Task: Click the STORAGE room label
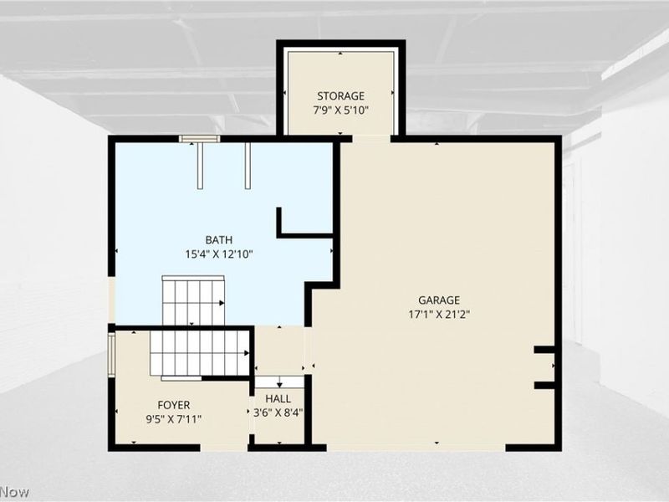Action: point(340,95)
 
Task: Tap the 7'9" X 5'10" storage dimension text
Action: point(340,110)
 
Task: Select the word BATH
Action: point(219,240)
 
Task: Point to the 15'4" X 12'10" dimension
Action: point(219,255)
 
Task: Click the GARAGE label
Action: point(439,300)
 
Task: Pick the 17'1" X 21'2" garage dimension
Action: point(439,315)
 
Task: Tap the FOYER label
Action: point(174,405)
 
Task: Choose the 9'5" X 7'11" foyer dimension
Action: point(174,420)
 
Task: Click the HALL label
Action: point(278,399)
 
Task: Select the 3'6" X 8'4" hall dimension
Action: point(278,413)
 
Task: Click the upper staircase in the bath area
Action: point(193,300)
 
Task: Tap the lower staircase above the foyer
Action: point(200,354)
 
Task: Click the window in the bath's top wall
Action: point(199,139)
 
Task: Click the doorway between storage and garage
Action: point(371,138)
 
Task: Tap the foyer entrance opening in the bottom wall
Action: point(224,448)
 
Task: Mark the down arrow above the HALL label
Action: point(279,382)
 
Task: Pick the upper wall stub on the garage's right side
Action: point(544,350)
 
